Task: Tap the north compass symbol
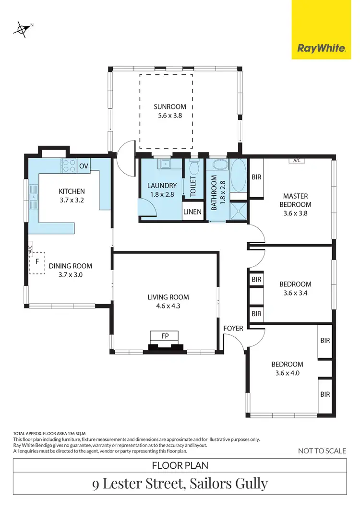(22, 29)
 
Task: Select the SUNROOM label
(167, 107)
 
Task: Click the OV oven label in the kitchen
(84, 166)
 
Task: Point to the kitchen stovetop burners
(68, 166)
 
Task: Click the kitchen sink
(34, 197)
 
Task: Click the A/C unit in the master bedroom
(296, 160)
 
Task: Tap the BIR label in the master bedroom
(256, 177)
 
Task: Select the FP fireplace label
(164, 335)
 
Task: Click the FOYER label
(233, 328)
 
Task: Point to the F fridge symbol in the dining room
(37, 262)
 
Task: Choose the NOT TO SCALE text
(322, 450)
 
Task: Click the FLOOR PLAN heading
(180, 465)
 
